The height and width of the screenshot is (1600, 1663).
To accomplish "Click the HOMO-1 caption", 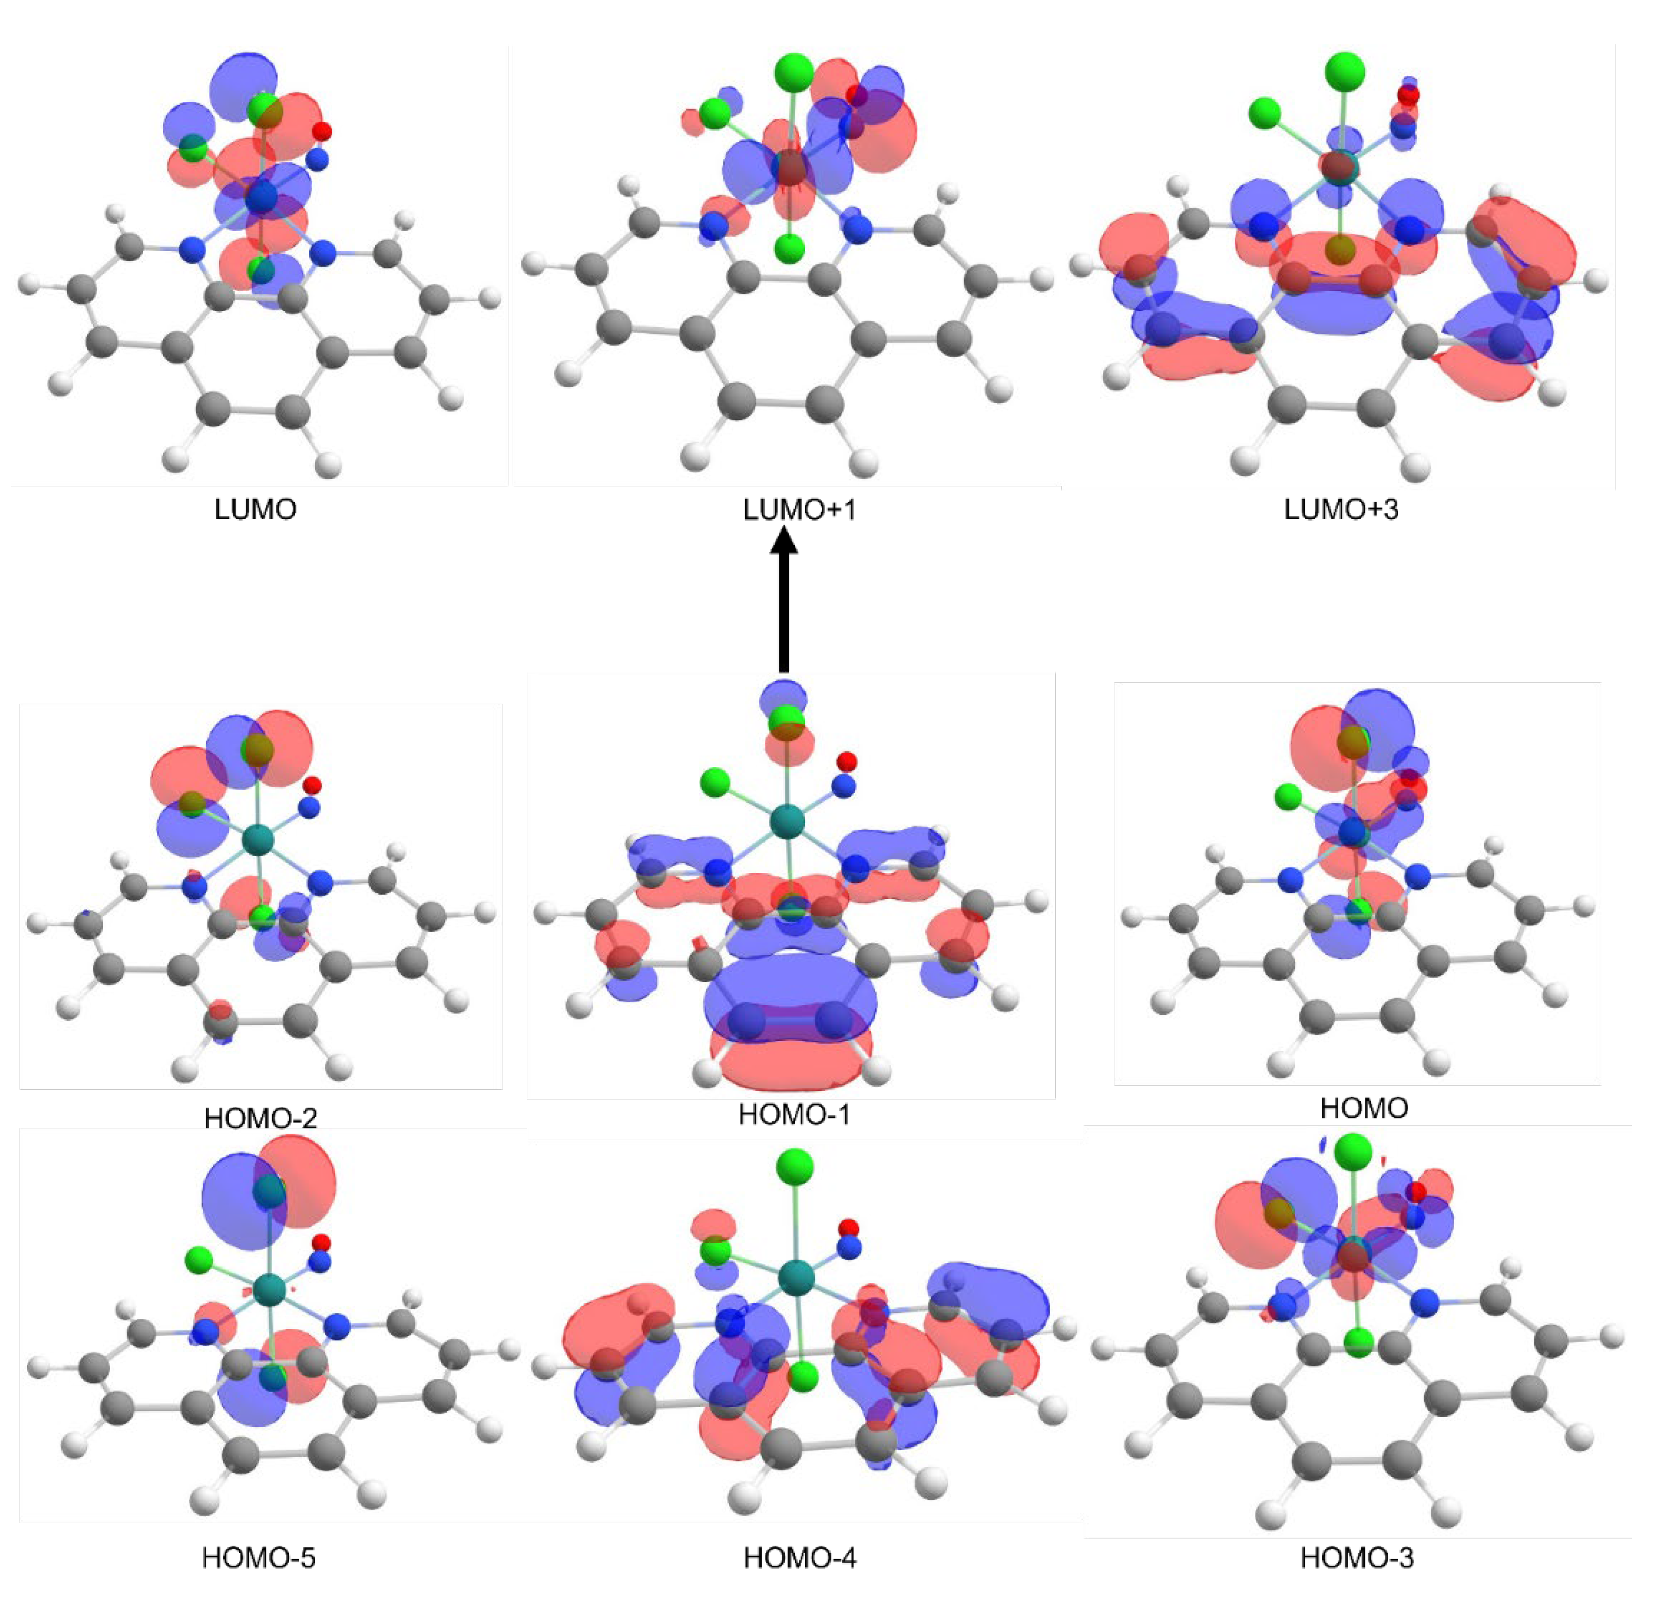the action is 794,1114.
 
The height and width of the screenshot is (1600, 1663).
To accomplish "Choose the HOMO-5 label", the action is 259,1558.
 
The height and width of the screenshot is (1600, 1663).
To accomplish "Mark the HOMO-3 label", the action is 1358,1558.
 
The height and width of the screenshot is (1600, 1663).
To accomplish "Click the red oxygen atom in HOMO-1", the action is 846,761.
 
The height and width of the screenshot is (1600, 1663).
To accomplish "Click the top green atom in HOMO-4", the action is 794,1165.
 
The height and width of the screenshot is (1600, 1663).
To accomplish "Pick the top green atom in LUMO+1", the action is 793,72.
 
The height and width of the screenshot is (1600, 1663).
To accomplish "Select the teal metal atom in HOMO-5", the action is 270,1288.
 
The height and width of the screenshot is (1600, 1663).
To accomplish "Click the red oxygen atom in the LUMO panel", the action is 322,131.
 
